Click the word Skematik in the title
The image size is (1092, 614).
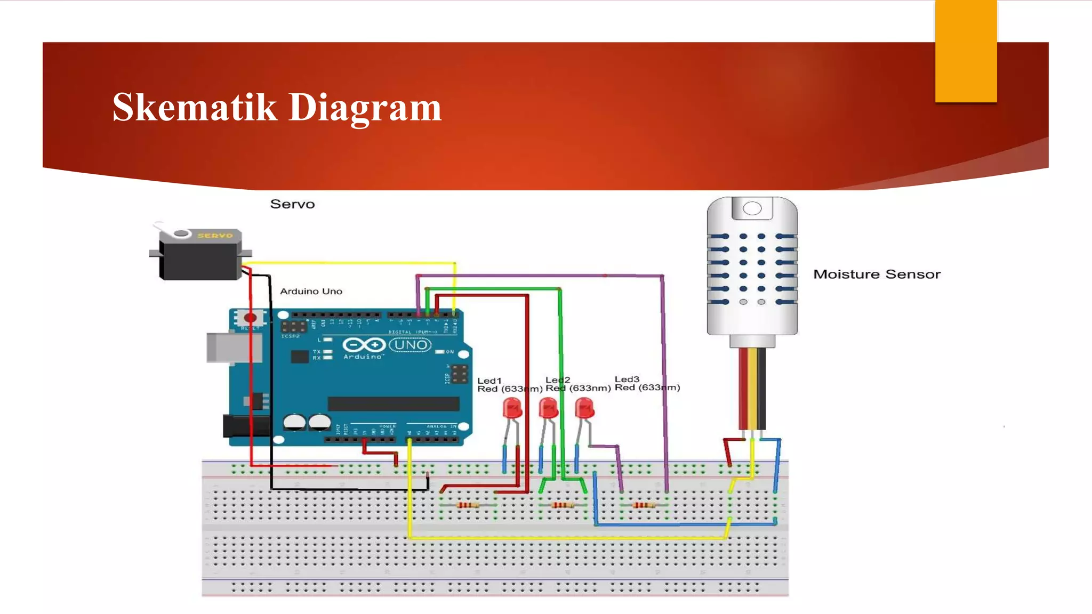click(195, 107)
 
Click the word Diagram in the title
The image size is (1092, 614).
click(365, 108)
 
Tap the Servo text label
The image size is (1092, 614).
click(292, 204)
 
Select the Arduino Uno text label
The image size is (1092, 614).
click(311, 291)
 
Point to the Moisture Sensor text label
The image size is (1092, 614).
click(877, 274)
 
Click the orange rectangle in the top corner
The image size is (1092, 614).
click(966, 51)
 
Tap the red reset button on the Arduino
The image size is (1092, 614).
click(250, 318)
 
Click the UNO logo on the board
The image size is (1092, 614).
click(410, 345)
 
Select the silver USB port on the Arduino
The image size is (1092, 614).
click(234, 348)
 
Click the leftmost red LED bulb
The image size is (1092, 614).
click(512, 409)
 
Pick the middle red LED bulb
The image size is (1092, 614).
click(548, 408)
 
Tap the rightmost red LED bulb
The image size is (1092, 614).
click(584, 408)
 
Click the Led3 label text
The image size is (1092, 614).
click(627, 379)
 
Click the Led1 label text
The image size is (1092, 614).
click(489, 381)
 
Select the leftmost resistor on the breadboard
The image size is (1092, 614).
click(468, 505)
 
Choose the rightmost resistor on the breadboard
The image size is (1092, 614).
click(644, 505)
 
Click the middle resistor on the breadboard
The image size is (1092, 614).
click(562, 505)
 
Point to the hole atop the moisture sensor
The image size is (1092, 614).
click(752, 208)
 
